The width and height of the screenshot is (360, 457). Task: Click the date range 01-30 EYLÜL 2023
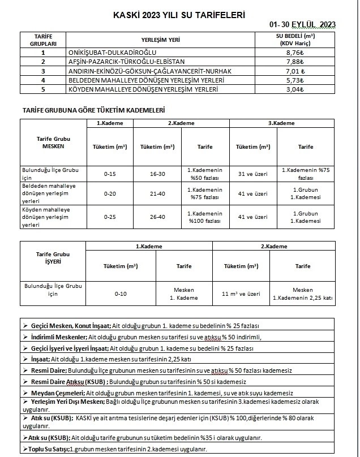303,24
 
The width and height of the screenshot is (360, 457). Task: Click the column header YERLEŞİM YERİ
165,40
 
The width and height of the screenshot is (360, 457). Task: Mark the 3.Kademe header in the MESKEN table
282,123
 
